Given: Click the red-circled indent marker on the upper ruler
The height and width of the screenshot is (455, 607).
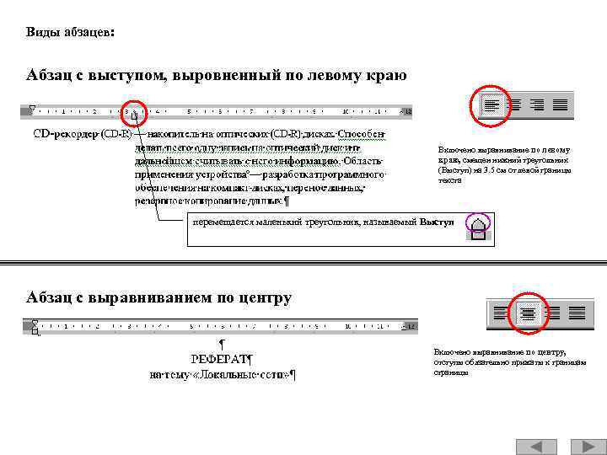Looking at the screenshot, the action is tap(134, 111).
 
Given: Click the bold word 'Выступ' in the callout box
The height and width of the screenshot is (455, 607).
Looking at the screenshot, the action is tap(437, 222).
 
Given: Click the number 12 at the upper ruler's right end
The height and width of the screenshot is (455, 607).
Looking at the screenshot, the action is tap(408, 111).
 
